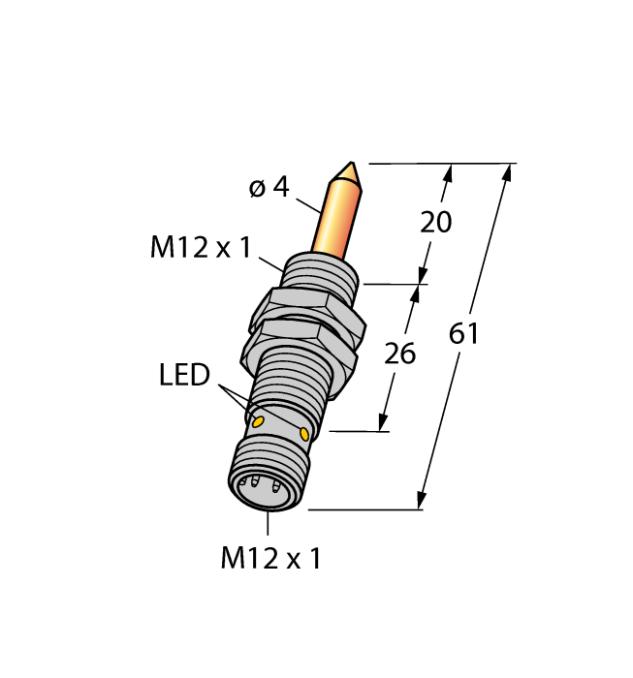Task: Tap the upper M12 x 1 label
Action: tap(200, 249)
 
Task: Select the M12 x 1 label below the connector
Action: tap(270, 558)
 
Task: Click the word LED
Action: tap(184, 375)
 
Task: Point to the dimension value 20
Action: tap(435, 222)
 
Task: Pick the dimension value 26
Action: tap(399, 354)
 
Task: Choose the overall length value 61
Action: tap(464, 334)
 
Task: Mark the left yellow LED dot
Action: tap(258, 421)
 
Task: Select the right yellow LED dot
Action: tap(305, 434)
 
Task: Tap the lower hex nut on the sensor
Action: tap(302, 340)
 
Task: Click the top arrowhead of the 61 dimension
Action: tap(507, 173)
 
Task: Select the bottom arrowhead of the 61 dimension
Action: tap(422, 499)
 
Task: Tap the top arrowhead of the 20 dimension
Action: tap(447, 174)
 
